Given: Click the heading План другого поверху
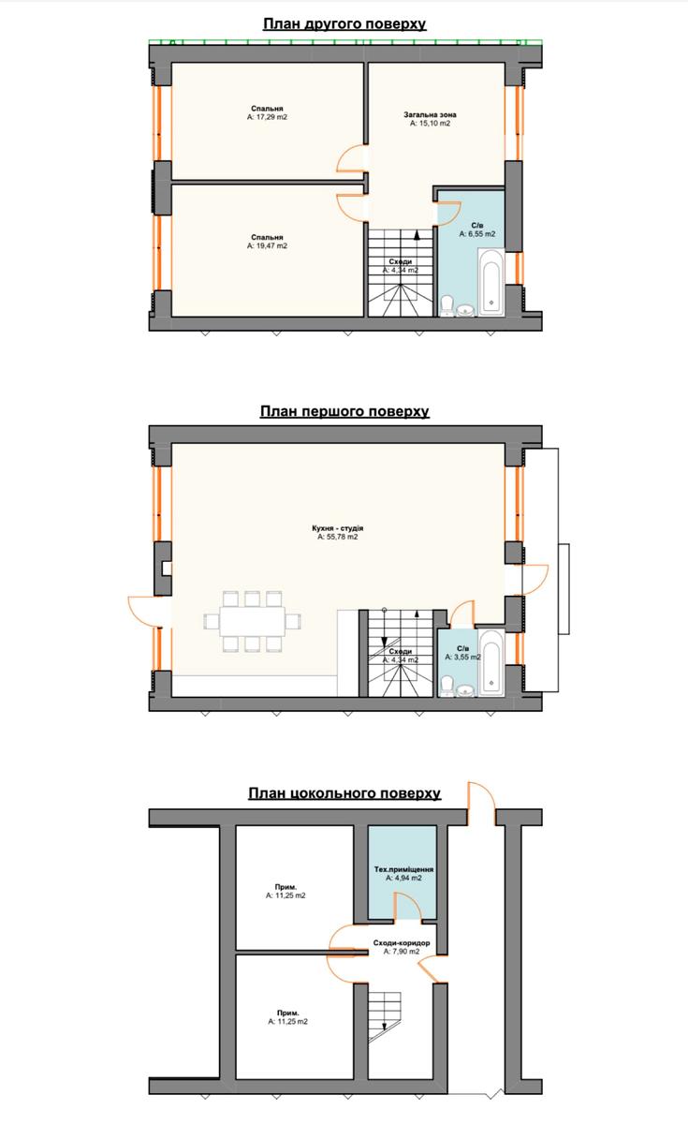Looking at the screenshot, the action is click(x=344, y=24).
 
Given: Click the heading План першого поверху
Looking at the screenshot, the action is click(x=344, y=411).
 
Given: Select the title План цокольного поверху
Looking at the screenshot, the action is click(x=344, y=793).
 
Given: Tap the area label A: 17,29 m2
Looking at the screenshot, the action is click(x=268, y=117).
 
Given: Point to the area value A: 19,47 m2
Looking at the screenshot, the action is click(x=268, y=245).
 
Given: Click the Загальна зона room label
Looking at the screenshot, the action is click(x=431, y=115).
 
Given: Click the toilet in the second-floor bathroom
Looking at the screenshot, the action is click(x=446, y=305).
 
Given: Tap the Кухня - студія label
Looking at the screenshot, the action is click(x=338, y=528).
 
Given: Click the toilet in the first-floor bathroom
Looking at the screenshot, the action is click(x=446, y=686).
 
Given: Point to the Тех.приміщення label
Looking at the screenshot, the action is click(x=403, y=869).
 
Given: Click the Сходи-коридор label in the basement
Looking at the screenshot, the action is click(x=402, y=943).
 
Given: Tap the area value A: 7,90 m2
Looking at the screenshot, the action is click(x=402, y=952).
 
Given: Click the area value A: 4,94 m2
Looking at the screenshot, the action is click(x=403, y=879).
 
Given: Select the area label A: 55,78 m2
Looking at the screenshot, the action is click(x=338, y=537).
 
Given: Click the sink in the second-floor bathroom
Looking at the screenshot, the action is click(x=466, y=311).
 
